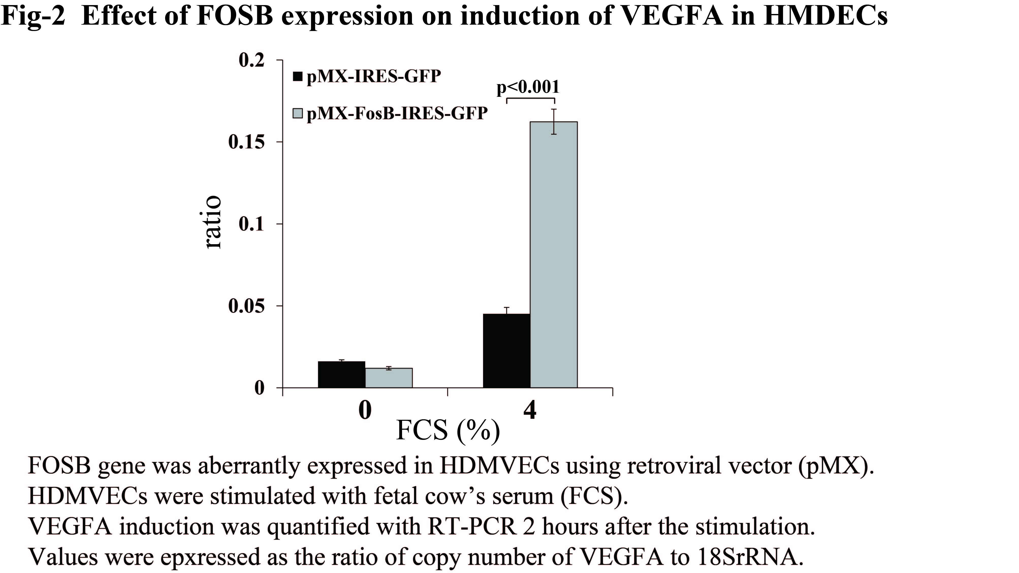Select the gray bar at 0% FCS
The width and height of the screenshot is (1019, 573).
click(388, 378)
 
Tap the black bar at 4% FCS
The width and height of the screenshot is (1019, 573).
click(506, 351)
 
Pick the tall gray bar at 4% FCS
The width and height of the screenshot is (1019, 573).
click(553, 254)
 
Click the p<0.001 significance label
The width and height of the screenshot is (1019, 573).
click(528, 87)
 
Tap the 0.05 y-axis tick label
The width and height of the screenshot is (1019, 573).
click(246, 306)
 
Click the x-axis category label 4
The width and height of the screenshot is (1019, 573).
click(530, 410)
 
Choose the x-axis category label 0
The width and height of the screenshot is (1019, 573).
click(365, 410)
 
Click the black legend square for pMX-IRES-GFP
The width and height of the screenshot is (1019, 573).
click(297, 76)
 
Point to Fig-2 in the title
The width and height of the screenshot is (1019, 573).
click(33, 17)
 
